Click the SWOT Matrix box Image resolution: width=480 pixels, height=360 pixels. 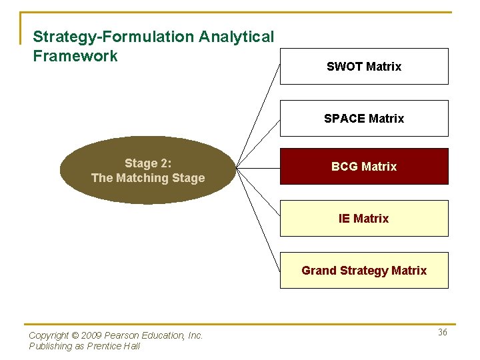[363, 66]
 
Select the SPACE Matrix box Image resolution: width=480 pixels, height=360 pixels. [363, 118]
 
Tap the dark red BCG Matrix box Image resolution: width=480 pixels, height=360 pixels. [363, 166]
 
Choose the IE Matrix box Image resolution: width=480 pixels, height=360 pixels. [363, 218]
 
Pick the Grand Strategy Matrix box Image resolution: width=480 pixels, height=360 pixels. [363, 270]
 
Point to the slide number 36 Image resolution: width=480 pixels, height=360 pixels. [443, 332]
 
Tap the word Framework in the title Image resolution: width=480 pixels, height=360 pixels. [75, 56]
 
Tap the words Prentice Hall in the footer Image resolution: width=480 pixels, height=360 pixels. [117, 346]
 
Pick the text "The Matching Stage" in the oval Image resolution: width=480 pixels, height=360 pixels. [148, 178]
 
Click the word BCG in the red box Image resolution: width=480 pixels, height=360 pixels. [344, 166]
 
